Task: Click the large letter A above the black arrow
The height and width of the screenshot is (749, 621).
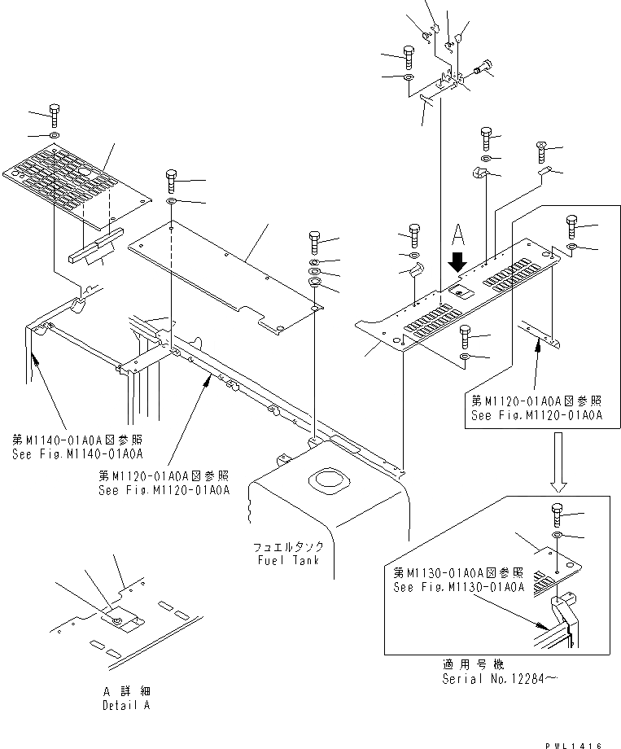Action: click(x=459, y=237)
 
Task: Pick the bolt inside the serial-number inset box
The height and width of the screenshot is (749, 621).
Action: click(x=556, y=515)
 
